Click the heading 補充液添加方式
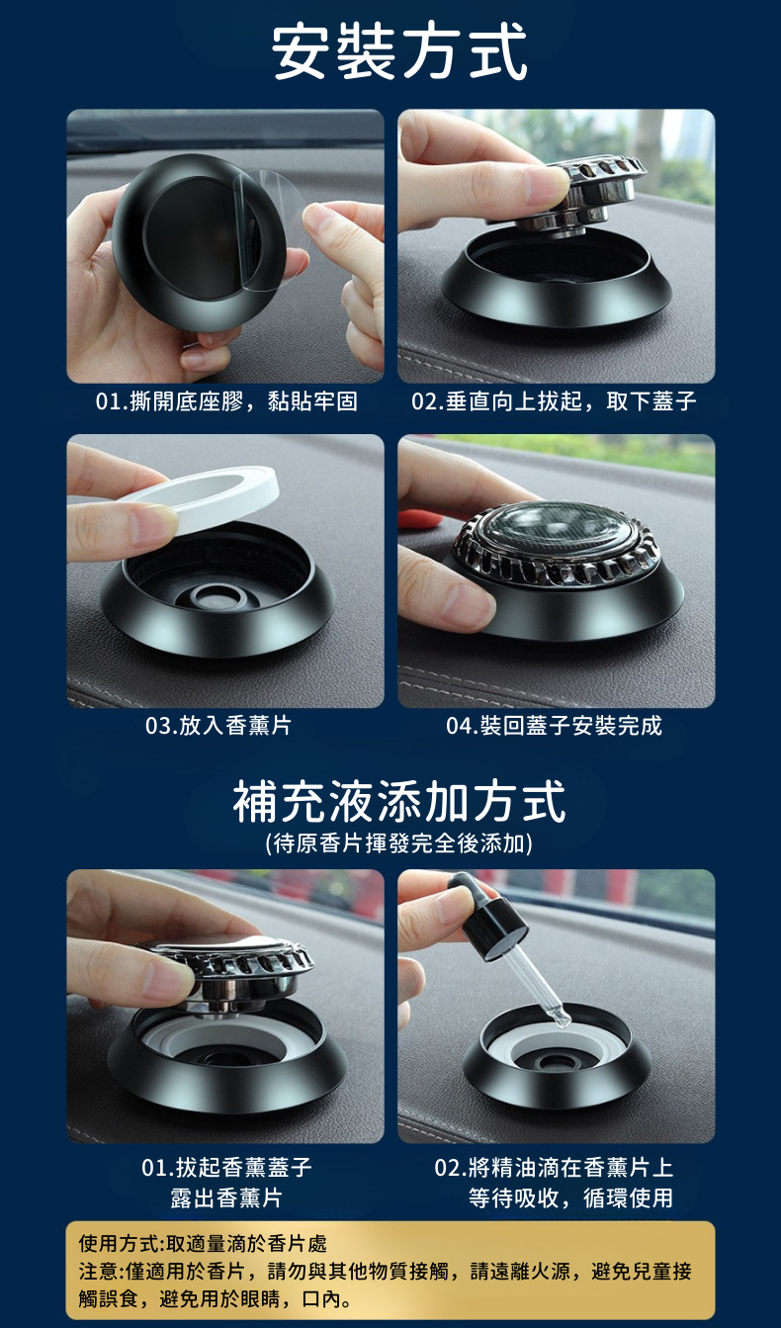[399, 802]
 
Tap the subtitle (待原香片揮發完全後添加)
[399, 843]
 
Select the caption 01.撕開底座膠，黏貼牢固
[226, 401]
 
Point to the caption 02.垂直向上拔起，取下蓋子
[554, 401]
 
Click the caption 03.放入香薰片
[218, 726]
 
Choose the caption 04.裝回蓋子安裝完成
[554, 726]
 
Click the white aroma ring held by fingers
[202, 496]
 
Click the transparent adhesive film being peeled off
[270, 228]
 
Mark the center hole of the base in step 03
[217, 596]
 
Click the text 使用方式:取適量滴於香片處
[203, 1243]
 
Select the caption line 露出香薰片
[226, 1198]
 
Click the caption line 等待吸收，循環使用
[571, 1198]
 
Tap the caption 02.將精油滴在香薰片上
[554, 1168]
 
